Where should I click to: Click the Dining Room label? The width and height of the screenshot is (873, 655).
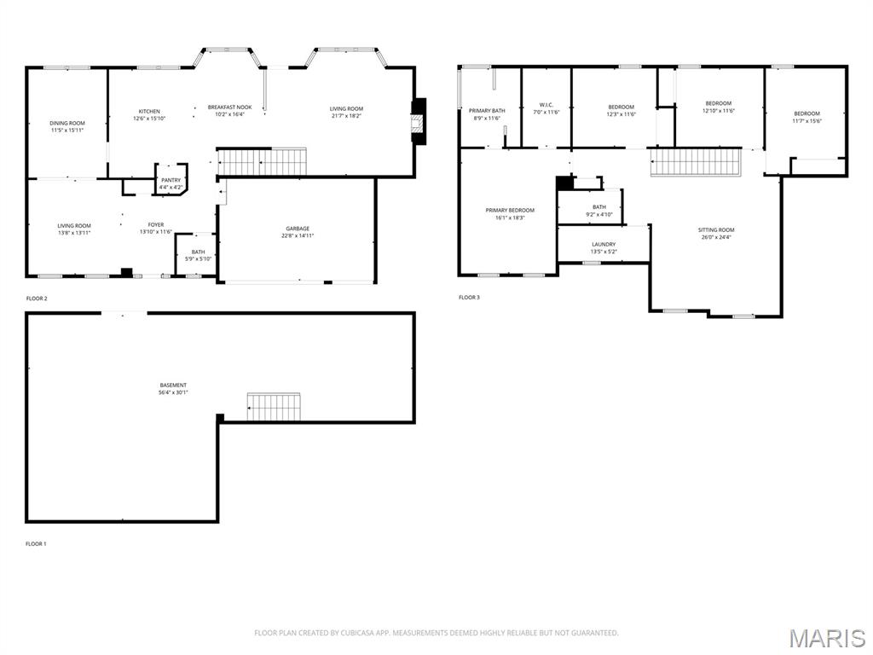pos(67,123)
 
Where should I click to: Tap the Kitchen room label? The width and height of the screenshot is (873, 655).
pos(149,112)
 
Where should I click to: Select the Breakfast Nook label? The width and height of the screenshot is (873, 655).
pos(229,107)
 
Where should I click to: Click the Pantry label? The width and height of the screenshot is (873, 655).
pos(171,180)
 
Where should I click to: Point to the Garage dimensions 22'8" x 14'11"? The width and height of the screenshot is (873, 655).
pos(298,235)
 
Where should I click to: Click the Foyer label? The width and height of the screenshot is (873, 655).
pos(156,225)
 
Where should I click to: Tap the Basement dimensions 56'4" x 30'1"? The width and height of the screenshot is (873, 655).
pos(173,392)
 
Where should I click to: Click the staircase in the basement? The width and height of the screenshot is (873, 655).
pos(274,406)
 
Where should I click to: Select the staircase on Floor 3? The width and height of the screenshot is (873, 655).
pos(697,161)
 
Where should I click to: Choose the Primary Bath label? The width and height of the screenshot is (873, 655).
pos(486,111)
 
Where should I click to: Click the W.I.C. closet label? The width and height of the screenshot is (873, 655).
pos(546,105)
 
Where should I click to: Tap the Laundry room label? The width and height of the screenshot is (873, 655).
pos(604,245)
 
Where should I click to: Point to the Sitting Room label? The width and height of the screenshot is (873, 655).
pos(716,230)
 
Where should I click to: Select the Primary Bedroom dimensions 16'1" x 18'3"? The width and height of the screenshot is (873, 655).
pos(510,217)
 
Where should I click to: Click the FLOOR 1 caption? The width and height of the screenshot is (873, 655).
pos(37,543)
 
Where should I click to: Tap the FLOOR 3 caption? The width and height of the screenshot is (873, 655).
pos(469,298)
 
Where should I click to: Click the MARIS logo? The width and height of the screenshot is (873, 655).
pos(827,638)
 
